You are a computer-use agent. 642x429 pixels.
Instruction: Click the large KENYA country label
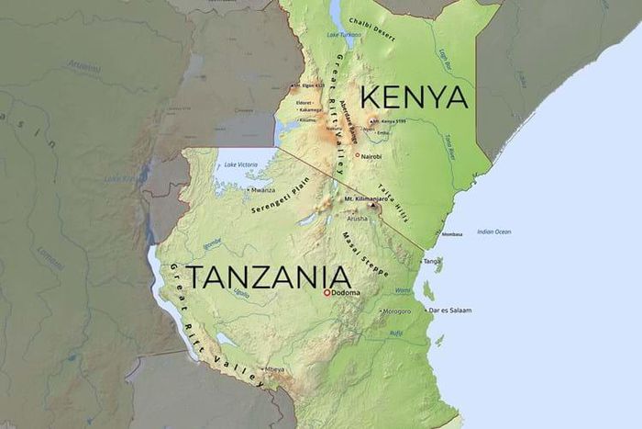415,97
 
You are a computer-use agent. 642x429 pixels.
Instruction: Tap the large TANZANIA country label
268,277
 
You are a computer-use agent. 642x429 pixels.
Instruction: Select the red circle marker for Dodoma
326,293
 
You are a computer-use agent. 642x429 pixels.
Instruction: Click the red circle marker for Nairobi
358,155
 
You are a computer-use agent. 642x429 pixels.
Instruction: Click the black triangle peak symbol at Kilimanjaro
372,208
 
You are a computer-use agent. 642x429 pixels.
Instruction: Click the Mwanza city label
263,190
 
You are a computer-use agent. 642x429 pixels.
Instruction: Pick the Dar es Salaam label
450,310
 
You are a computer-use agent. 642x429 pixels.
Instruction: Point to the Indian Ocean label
493,231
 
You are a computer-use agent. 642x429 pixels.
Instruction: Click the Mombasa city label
451,234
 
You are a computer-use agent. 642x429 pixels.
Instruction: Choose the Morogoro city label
397,310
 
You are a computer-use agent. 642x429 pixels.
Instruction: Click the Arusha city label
357,220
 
